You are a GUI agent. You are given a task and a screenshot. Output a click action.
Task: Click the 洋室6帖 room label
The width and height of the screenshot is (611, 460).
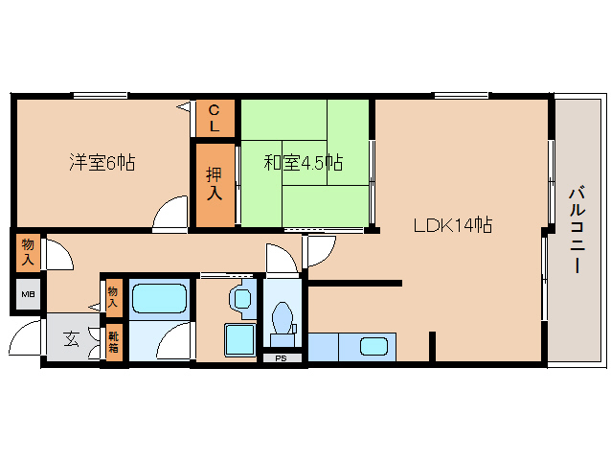pos(102,162)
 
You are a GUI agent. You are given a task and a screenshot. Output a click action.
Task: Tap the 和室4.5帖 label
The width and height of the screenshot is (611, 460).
pos(304,162)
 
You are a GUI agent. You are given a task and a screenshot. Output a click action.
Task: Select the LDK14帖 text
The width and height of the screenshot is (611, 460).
pos(452,225)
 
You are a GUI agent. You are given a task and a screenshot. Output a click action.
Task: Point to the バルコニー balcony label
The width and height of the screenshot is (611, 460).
pos(577,230)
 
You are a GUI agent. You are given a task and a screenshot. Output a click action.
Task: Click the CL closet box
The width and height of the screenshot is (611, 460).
pos(215,119)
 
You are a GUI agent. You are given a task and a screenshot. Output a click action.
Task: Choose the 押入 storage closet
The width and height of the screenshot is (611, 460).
pos(215,185)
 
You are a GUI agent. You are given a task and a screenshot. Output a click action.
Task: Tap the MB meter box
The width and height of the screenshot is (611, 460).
pos(28,294)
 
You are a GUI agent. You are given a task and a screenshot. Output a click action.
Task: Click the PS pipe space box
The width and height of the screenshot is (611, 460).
pos(282,357)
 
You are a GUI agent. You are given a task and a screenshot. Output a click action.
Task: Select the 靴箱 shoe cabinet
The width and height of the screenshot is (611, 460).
pos(113,342)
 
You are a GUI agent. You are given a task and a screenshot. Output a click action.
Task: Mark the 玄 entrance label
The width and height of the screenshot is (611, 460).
pos(71,338)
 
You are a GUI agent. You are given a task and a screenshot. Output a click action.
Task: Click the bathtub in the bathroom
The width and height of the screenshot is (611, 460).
pos(159,298)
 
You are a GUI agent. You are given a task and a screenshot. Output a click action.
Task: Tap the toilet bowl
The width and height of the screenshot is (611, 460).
pos(283,318)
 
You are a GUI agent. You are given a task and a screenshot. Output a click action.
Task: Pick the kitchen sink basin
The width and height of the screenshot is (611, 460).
pos(373,347)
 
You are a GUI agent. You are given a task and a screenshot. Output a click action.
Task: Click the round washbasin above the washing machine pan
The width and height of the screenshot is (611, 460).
pos(243,299)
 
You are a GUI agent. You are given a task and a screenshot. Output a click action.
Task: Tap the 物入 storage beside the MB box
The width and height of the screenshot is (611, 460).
pos(28,253)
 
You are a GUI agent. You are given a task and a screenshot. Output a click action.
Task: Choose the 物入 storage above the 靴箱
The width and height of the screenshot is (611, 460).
pos(113,297)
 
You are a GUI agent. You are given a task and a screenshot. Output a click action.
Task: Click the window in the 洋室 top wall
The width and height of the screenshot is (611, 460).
pos(101,95)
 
